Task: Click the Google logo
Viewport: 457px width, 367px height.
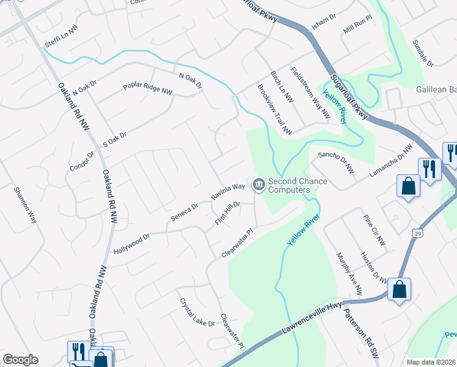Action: coord(20,360)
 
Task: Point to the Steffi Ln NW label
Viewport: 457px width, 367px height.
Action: coord(61,37)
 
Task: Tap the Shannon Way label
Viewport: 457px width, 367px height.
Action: coord(25,204)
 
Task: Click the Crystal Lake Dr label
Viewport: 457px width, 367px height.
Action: coord(197,312)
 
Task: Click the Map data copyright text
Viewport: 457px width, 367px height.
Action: coord(430,362)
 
